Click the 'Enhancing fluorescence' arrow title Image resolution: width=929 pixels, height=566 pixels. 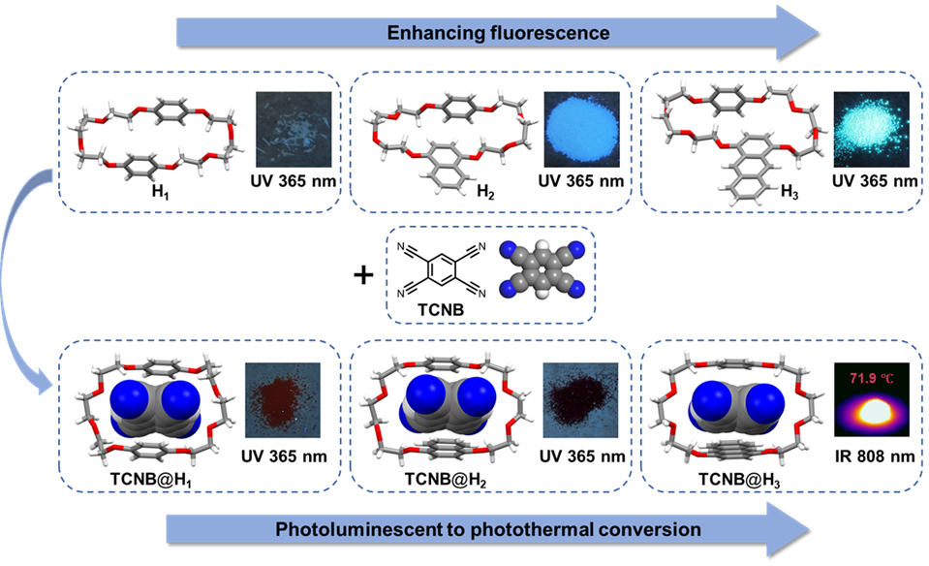coord(498,33)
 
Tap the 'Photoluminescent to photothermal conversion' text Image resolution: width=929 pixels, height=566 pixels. coord(487,529)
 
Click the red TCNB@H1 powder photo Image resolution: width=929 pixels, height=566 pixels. coord(286,398)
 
